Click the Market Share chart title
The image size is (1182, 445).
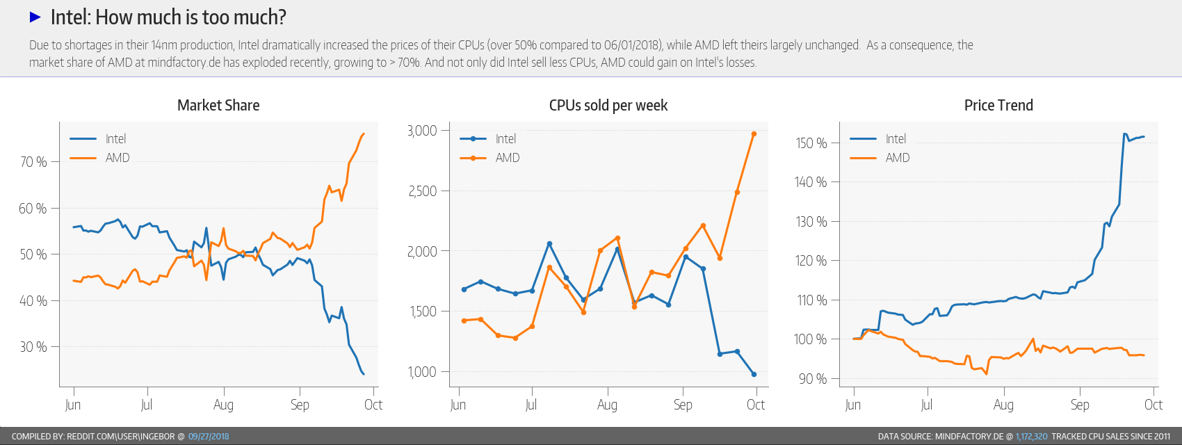(218, 105)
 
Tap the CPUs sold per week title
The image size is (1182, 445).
(608, 105)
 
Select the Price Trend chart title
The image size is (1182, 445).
(998, 105)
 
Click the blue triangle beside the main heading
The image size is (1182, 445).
(35, 17)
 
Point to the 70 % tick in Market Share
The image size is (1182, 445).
(33, 162)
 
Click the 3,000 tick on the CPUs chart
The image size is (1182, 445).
(422, 131)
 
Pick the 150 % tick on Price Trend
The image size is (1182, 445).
(811, 143)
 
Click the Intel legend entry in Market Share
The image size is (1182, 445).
(115, 139)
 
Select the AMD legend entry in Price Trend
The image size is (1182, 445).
(897, 158)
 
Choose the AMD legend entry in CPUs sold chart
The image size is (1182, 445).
(507, 158)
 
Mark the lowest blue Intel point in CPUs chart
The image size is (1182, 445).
(754, 374)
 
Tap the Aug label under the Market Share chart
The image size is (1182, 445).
(223, 405)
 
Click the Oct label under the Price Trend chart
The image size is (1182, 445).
(1153, 405)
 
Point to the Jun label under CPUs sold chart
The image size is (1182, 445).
(458, 405)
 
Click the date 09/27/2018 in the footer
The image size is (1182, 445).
(209, 437)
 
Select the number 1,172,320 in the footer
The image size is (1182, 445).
(1031, 437)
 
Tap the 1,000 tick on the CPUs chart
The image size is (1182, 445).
(423, 372)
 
